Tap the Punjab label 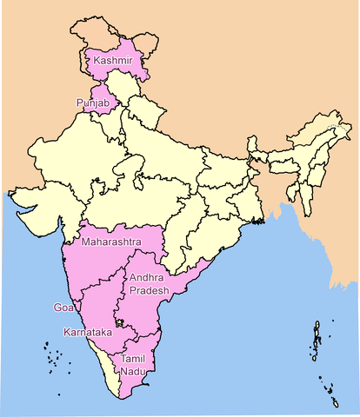(92, 103)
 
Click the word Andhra (146, 278)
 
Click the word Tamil (133, 359)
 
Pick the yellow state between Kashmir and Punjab (124, 87)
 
